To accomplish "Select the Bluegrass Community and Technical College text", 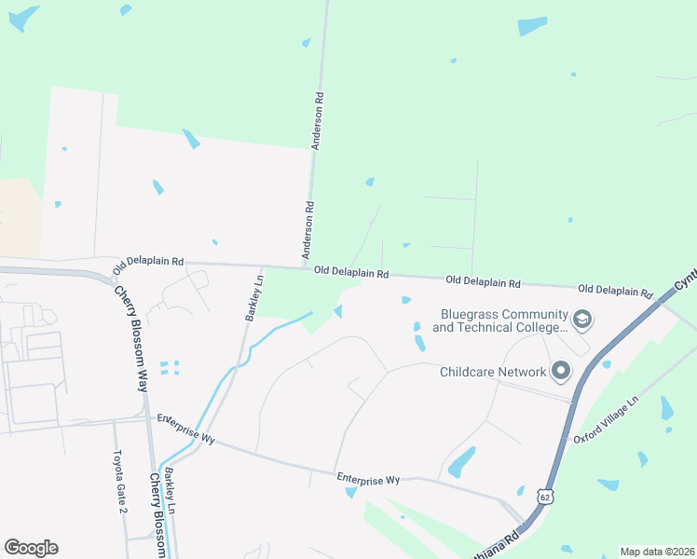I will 499,320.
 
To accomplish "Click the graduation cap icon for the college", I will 583,320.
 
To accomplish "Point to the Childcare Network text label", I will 493,372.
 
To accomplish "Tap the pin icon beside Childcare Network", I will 560,372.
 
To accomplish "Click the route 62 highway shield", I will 543,498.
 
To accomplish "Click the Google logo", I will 31,548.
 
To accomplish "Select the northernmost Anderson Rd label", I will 318,121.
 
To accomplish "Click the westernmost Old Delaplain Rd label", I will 148,266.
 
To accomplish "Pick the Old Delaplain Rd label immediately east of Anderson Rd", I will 351,272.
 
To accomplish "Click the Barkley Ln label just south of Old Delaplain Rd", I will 253,296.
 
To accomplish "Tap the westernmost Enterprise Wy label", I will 185,429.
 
